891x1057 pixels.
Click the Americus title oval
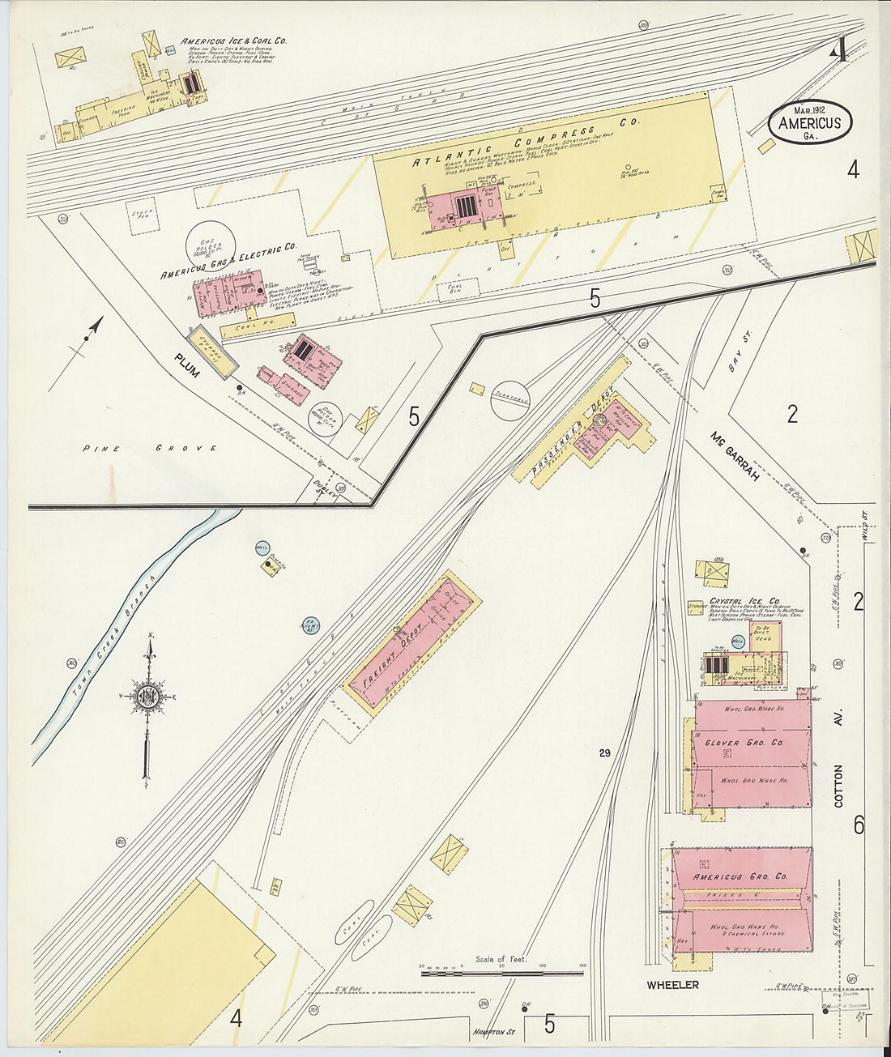(x=810, y=123)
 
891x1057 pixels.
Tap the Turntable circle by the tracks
(x=509, y=399)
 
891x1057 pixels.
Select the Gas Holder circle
(x=210, y=244)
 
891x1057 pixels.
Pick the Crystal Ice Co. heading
(x=744, y=601)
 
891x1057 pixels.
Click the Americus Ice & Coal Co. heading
(x=233, y=41)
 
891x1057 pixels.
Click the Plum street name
(x=186, y=365)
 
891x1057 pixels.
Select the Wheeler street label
(x=672, y=985)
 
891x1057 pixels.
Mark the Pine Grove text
(x=150, y=448)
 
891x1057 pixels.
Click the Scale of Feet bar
(x=502, y=970)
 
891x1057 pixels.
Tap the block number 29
(x=604, y=753)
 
